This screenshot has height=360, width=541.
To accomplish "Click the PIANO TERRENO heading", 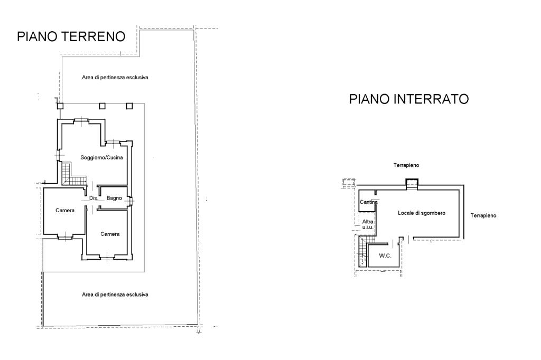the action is pos(71,36).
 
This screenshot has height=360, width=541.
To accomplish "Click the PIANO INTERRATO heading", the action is pos(408,99).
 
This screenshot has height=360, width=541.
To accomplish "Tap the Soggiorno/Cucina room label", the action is pos(102,158).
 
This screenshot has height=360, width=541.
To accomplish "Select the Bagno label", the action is pos(114,198).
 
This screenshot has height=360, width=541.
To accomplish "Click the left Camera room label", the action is pos(65,210).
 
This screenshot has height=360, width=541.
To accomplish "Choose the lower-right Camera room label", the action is pos(110,234).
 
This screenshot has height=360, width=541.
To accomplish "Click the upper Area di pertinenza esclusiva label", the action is pos(115,77).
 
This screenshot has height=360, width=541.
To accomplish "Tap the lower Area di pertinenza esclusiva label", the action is pos(115,295).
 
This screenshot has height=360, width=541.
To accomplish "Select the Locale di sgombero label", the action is pos(422,213).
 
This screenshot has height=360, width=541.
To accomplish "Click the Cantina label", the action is pos(368,202).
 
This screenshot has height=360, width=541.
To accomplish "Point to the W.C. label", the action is pos(385,255).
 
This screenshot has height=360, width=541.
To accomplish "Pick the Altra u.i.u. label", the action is pos(368,224).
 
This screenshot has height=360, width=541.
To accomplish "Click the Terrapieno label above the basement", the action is pos(406,165).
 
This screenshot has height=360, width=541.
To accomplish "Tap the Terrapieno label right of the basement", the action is pos(483,215).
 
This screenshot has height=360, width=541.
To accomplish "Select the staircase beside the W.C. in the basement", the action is pos(362,253).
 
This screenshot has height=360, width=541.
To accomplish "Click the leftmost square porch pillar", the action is pos(60,106).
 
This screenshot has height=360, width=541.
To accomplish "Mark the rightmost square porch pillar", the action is pos(129,106).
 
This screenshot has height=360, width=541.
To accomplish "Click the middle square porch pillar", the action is pos(102,106).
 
